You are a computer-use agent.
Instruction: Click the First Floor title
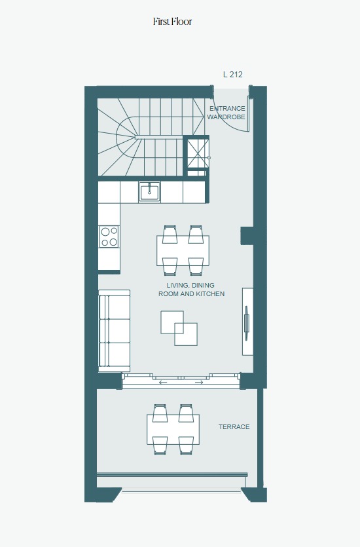pos(173,22)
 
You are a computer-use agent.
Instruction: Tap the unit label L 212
pos(233,74)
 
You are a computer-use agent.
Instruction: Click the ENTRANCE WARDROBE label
pos(227,113)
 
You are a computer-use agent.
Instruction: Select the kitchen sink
pos(149,192)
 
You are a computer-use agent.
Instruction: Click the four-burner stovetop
pos(109,236)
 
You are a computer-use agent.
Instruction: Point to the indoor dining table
pos(183,251)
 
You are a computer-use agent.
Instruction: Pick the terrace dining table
pos(173,430)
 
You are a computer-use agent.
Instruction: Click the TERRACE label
pos(234,426)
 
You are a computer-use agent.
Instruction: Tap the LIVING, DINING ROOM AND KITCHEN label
pos(191,290)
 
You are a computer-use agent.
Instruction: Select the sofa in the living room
pos(115,331)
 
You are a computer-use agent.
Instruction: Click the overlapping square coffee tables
pos(179,328)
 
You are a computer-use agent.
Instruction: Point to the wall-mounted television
pos(246,323)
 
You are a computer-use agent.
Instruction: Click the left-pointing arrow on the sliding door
pos(163,383)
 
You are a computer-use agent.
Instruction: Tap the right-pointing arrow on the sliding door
pos(199,383)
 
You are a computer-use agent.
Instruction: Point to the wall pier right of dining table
pos(247,235)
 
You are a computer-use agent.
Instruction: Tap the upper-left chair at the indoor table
pos(170,234)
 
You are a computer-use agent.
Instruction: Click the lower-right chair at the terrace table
pos(186,445)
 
